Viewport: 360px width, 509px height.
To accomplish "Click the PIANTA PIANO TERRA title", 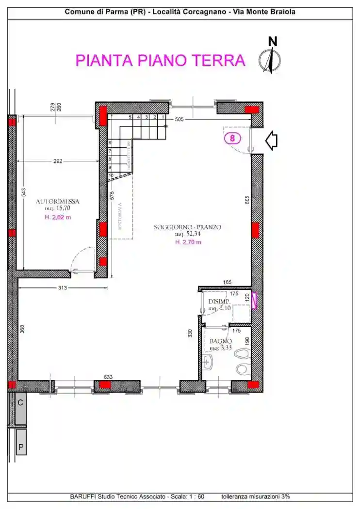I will tap(160, 61).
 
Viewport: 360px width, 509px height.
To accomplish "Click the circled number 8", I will tap(233, 138).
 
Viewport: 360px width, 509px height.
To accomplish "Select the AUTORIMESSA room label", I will tap(57, 201).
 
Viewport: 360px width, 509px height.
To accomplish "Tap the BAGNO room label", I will tap(218, 341).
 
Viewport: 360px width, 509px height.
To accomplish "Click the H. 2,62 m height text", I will tap(58, 217).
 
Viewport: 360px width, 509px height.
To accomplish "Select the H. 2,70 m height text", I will tap(188, 242).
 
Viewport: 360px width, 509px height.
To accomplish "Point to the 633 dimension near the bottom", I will tap(108, 377).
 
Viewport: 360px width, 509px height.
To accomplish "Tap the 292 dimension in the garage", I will tap(58, 161).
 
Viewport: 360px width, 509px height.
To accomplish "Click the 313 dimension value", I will tap(62, 288).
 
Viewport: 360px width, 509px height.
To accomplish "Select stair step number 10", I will tap(111, 175).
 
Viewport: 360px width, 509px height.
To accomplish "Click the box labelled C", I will tap(20, 403).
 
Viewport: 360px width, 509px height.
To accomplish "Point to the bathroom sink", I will tap(209, 361).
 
